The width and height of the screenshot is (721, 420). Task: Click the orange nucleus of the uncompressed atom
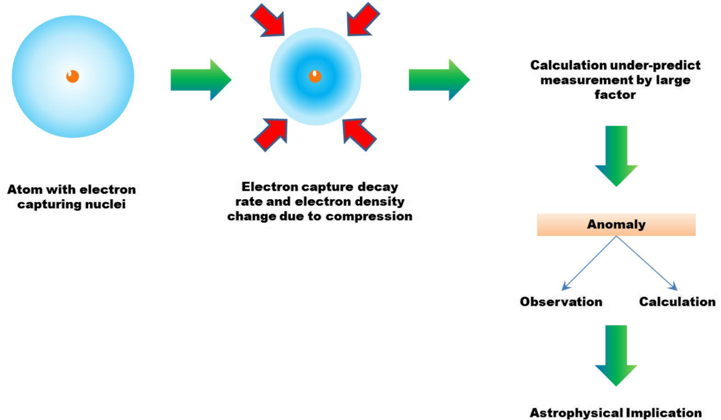73,76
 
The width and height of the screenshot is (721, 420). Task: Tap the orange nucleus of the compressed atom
315,76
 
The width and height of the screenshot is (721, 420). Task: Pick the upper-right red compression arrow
363,20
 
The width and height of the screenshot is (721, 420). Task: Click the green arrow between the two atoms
201,79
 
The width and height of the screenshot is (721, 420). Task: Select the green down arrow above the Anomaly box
616,155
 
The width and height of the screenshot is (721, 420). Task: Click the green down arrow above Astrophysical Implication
616,354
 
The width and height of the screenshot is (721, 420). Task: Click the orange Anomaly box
616,225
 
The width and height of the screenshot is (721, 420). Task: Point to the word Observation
561,301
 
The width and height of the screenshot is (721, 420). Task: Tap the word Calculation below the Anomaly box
677,301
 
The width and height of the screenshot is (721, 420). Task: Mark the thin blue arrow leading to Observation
588,264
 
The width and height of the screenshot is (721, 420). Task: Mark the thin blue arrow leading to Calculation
646,264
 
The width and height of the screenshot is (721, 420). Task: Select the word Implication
667,412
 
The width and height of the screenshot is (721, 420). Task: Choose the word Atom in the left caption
22,190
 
